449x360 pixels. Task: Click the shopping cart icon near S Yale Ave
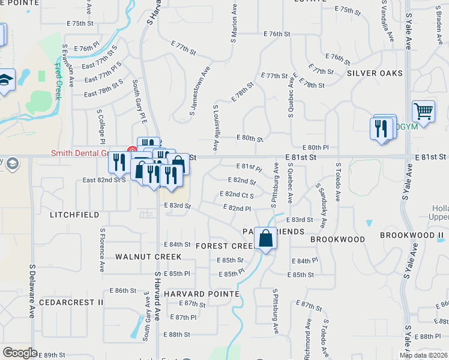(x=423, y=112)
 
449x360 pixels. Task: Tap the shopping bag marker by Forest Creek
(x=265, y=239)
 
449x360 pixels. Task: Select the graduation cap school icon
(x=5, y=80)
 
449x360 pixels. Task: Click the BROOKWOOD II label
(x=411, y=235)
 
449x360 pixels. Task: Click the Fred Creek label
(x=58, y=81)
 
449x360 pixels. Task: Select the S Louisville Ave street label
(x=215, y=128)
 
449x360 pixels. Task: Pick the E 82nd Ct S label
(x=237, y=195)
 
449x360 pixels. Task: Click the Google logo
(x=20, y=352)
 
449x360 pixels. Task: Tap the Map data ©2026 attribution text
(x=424, y=355)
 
